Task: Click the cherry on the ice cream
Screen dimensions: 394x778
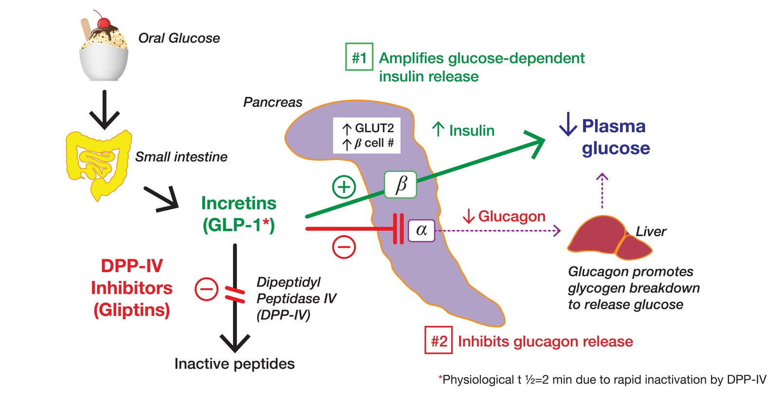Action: [x=103, y=22]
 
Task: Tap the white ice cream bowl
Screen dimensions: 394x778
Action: [x=104, y=62]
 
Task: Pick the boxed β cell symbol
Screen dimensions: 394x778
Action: [x=401, y=184]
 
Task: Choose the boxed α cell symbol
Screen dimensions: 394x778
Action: [x=421, y=230]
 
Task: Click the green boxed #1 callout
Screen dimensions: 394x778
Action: [x=359, y=57]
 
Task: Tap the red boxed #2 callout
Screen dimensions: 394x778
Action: [x=439, y=340]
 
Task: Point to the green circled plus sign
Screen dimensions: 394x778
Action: [x=344, y=187]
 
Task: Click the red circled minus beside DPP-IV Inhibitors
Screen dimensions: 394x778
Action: [x=206, y=289]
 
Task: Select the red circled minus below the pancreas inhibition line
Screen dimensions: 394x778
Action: [x=344, y=247]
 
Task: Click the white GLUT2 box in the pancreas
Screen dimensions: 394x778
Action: [x=367, y=135]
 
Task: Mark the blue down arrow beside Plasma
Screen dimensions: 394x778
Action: [x=567, y=125]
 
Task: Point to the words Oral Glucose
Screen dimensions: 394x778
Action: [x=178, y=38]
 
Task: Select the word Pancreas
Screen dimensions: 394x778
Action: [x=272, y=102]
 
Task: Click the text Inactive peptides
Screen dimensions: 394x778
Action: [x=234, y=364]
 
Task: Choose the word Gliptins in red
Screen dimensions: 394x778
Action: [x=132, y=310]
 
